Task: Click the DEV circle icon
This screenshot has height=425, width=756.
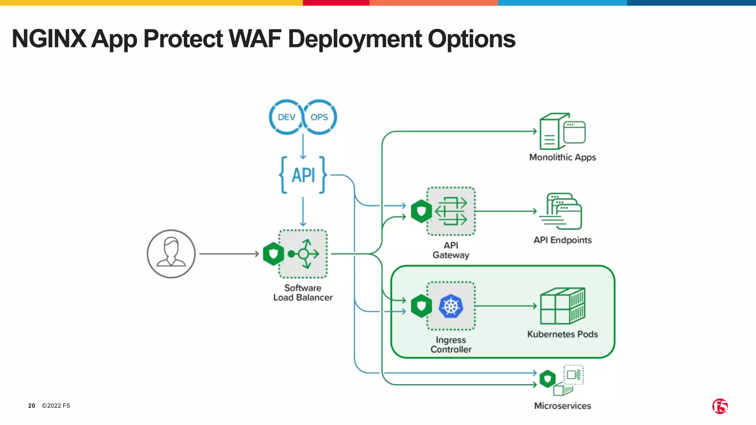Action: [x=286, y=117]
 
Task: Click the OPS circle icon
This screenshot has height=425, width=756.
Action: [x=319, y=117]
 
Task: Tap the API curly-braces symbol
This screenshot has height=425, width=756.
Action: [x=303, y=175]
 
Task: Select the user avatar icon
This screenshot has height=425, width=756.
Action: [x=171, y=254]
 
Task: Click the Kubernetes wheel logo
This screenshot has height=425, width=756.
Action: [x=451, y=306]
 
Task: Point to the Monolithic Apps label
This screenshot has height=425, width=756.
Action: [x=562, y=157]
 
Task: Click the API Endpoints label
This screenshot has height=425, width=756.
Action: [x=562, y=240]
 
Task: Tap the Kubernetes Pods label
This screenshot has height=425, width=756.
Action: [x=562, y=334]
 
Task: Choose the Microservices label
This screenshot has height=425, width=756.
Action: [x=562, y=406]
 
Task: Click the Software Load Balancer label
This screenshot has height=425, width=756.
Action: [x=303, y=293]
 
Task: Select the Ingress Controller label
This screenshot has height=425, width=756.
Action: [x=451, y=345]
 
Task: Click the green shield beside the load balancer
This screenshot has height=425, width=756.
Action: [x=273, y=254]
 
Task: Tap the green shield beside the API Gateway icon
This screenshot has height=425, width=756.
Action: [x=421, y=211]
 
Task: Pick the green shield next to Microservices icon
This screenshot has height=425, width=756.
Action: [x=547, y=379]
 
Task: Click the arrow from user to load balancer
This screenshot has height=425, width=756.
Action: [x=229, y=254]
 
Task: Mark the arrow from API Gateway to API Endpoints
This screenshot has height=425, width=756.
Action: [x=506, y=211]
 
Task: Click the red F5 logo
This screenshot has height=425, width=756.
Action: [x=720, y=406]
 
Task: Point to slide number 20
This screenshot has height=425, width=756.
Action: [x=32, y=406]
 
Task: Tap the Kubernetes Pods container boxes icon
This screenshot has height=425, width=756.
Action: [x=562, y=306]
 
